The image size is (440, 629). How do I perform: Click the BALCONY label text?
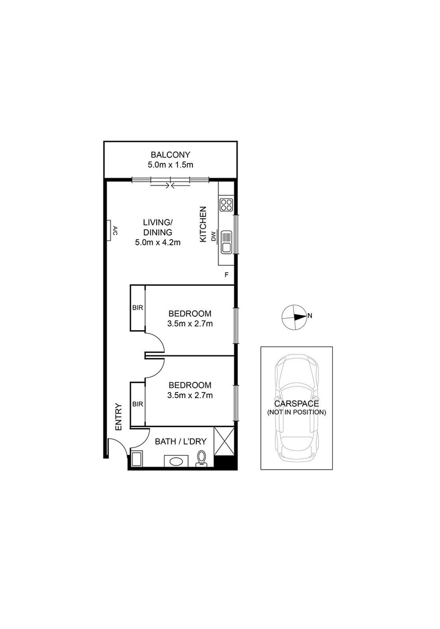point(170,155)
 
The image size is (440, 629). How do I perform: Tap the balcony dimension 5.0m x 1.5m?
point(170,165)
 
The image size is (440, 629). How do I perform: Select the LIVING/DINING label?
point(158,227)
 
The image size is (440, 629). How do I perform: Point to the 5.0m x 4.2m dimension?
point(158,242)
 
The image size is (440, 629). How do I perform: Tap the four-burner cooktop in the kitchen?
point(226,205)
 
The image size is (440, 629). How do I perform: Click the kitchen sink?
point(226,242)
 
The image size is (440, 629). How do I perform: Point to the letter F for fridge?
point(226,275)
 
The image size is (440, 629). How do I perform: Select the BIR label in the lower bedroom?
point(137,404)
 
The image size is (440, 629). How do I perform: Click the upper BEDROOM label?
point(190,314)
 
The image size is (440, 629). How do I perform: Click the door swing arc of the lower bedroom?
point(157,368)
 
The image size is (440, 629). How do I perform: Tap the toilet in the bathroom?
point(201,458)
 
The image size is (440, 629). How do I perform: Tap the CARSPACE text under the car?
point(296,403)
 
